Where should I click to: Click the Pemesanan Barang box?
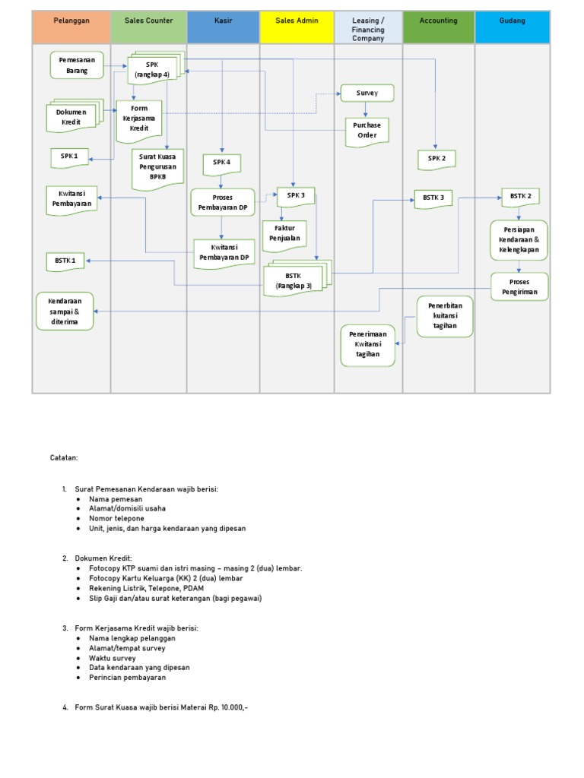[x=77, y=65]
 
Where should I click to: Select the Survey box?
[x=367, y=93]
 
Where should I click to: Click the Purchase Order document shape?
[x=367, y=131]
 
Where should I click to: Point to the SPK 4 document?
[x=221, y=163]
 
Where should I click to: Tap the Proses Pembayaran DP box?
[x=221, y=202]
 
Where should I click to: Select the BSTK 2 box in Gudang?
[x=520, y=196]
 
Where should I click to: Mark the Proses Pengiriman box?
[x=519, y=286]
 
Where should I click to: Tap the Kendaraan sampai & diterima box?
[x=65, y=311]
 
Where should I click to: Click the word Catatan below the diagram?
[x=64, y=458]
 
